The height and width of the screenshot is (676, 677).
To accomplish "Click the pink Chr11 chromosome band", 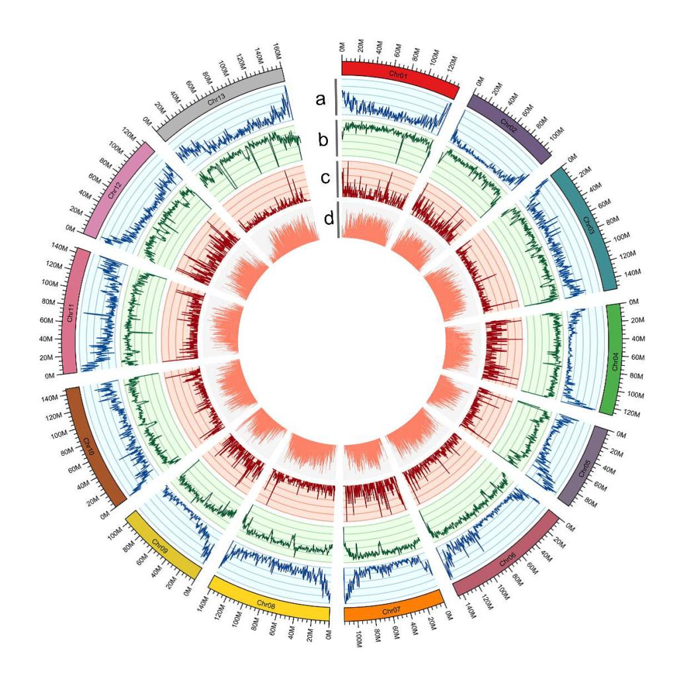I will click(71, 311).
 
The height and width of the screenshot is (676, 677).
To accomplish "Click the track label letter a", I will click(321, 99).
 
